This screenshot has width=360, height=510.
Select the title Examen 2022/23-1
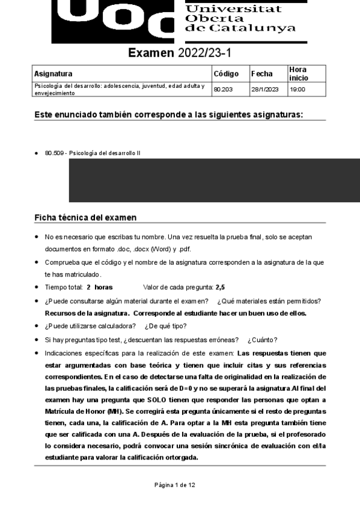coord(180,54)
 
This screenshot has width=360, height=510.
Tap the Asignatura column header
coord(53,74)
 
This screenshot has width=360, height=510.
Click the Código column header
coord(226,74)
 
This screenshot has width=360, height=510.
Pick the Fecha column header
coord(262,74)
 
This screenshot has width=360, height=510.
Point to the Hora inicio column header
coord(299,74)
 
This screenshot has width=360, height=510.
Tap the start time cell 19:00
coord(297,90)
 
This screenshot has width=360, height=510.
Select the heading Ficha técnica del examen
coord(85,217)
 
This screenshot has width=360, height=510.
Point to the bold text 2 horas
coord(99,287)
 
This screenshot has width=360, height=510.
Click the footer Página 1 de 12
coord(174,484)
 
